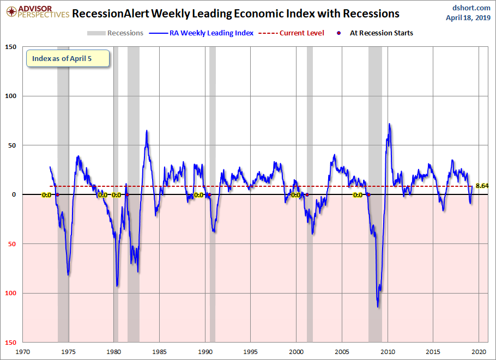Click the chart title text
[235, 14]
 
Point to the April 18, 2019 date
[468, 17]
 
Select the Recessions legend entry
[116, 33]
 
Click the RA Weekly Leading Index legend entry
[207, 33]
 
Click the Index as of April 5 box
[68, 58]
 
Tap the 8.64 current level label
[482, 186]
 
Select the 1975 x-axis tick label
[68, 352]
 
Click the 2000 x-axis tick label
[297, 352]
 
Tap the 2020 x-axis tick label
[479, 352]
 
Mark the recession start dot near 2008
[368, 194]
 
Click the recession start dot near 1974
[57, 194]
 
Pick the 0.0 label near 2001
[296, 194]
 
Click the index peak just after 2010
[389, 124]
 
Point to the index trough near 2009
[378, 307]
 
